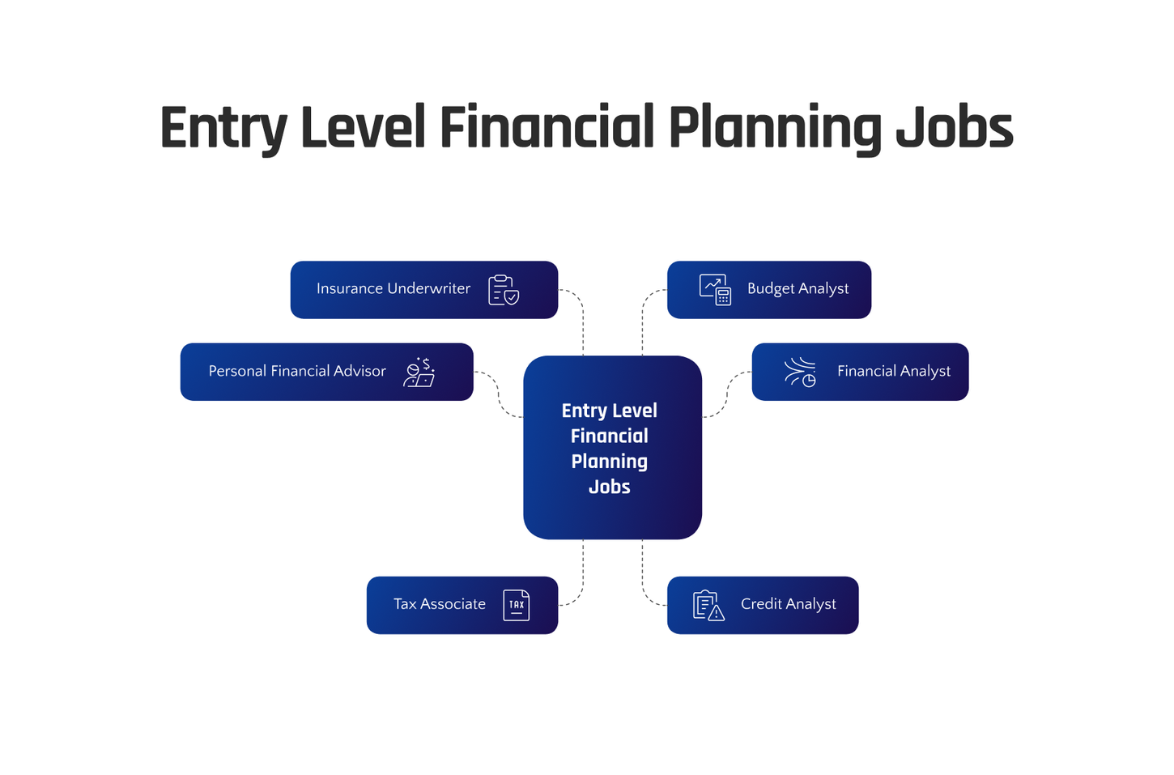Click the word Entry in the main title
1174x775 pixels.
click(223, 128)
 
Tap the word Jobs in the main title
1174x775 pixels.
click(954, 128)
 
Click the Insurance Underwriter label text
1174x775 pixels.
click(393, 288)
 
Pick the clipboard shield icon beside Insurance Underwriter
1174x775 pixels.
click(504, 290)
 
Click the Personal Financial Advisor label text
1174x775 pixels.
click(297, 371)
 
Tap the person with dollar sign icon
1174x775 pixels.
click(419, 373)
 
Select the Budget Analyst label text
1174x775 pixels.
click(798, 288)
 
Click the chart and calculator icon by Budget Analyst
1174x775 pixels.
click(715, 290)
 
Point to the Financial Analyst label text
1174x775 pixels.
click(893, 371)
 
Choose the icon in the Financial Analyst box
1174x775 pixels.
click(800, 372)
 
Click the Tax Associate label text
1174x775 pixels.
click(439, 604)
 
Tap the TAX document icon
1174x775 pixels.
click(517, 605)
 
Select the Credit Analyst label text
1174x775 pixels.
click(788, 604)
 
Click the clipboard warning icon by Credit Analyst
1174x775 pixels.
click(708, 606)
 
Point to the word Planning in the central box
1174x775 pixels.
click(609, 462)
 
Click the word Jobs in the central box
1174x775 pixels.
click(609, 487)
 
